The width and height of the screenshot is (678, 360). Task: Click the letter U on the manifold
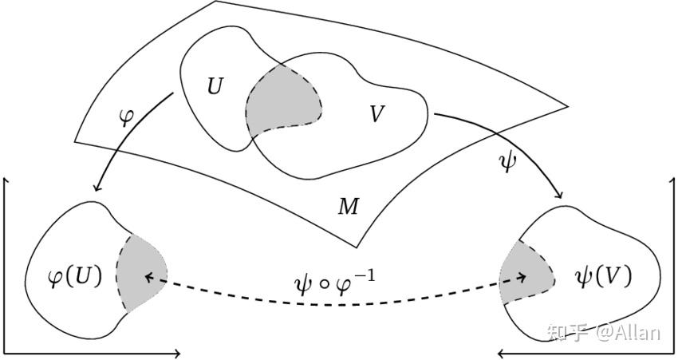pos(215,85)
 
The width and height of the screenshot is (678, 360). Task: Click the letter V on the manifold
pos(377,114)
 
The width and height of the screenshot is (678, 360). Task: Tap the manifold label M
pos(349,207)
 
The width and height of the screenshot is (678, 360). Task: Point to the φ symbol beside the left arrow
pos(126,117)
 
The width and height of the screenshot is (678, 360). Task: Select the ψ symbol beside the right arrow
pos(507,163)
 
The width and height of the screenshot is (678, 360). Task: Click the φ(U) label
pos(75,276)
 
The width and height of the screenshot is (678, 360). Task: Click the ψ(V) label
pos(604,275)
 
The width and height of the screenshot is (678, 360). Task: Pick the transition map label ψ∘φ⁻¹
pos(333,284)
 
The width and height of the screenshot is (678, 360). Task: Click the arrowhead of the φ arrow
pos(97,188)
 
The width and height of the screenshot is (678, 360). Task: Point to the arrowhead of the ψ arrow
pos(558,194)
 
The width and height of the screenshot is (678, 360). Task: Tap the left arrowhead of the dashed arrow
pos(148,277)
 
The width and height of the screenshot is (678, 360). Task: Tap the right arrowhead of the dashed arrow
pos(522,277)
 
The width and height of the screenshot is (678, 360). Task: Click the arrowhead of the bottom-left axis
pos(176,354)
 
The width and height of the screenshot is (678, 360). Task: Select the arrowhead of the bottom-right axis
pos(502,354)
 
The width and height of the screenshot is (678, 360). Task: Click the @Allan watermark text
pos(629,333)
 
